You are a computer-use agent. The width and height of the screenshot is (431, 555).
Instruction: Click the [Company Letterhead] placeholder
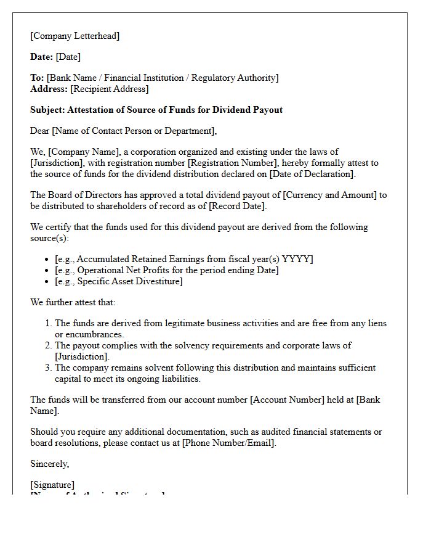(75, 36)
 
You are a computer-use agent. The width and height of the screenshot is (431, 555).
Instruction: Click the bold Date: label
(42, 57)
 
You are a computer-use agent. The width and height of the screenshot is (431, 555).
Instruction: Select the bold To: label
(37, 78)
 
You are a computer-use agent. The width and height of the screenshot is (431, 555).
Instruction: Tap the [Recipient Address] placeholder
(110, 89)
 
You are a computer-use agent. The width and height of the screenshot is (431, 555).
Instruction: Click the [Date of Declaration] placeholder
(312, 174)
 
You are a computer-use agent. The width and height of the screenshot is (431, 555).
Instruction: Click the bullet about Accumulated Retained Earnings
(183, 259)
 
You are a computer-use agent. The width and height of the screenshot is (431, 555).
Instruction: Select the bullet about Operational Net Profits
(166, 270)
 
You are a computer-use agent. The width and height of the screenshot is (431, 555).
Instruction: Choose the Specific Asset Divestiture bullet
(118, 281)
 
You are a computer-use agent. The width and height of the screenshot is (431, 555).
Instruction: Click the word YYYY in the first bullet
(297, 259)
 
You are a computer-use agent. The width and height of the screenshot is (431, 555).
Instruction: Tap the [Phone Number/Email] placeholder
(229, 443)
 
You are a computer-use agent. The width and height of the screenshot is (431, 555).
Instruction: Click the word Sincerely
(50, 464)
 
